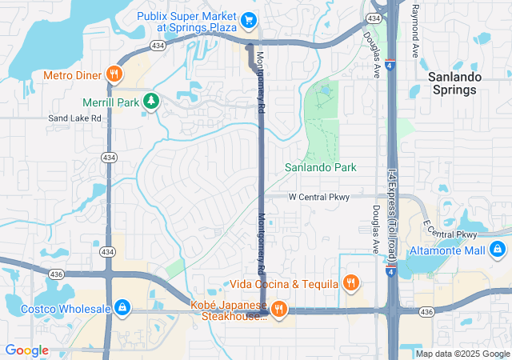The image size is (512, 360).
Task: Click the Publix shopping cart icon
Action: [249, 18]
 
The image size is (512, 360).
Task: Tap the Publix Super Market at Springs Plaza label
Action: [188, 22]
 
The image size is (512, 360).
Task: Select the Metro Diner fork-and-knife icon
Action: [114, 74]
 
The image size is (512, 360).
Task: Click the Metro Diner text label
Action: [72, 75]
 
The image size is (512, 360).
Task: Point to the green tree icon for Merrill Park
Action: [150, 101]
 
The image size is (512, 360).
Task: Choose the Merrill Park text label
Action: [110, 102]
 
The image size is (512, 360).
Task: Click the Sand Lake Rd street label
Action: [74, 118]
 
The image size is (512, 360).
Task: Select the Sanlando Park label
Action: [321, 167]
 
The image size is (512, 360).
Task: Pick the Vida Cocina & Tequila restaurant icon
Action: [350, 283]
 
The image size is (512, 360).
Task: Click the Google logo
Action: [27, 350]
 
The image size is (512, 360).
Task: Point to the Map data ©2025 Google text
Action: [462, 354]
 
